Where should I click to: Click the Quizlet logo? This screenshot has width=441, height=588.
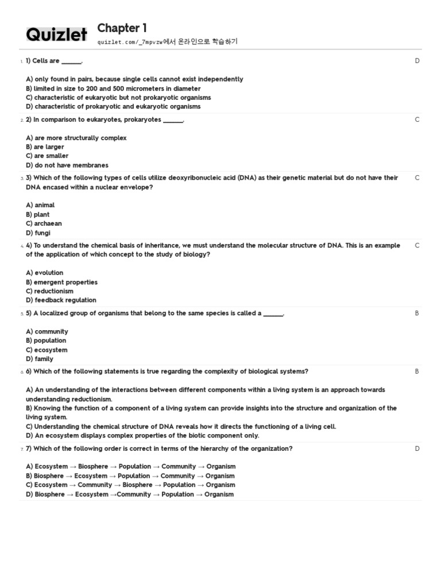tap(57, 35)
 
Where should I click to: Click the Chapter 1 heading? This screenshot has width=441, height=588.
tap(122, 28)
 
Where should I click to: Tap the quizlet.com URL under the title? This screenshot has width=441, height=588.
tap(130, 42)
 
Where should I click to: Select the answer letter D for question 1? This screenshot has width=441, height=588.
tap(417, 61)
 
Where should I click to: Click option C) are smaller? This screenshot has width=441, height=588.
tap(47, 156)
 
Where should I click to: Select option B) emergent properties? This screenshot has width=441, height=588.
tap(61, 283)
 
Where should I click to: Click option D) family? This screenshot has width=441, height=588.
tap(40, 359)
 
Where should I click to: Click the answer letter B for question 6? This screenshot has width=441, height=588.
tap(417, 372)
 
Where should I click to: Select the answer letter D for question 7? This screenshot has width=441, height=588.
tap(417, 448)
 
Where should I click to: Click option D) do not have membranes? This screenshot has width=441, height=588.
tap(67, 165)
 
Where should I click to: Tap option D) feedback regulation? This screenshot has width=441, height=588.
tap(61, 300)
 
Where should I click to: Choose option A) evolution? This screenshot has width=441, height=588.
tap(44, 273)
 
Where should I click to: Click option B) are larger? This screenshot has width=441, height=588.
tap(45, 147)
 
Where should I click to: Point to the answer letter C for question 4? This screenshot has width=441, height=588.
tap(417, 246)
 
